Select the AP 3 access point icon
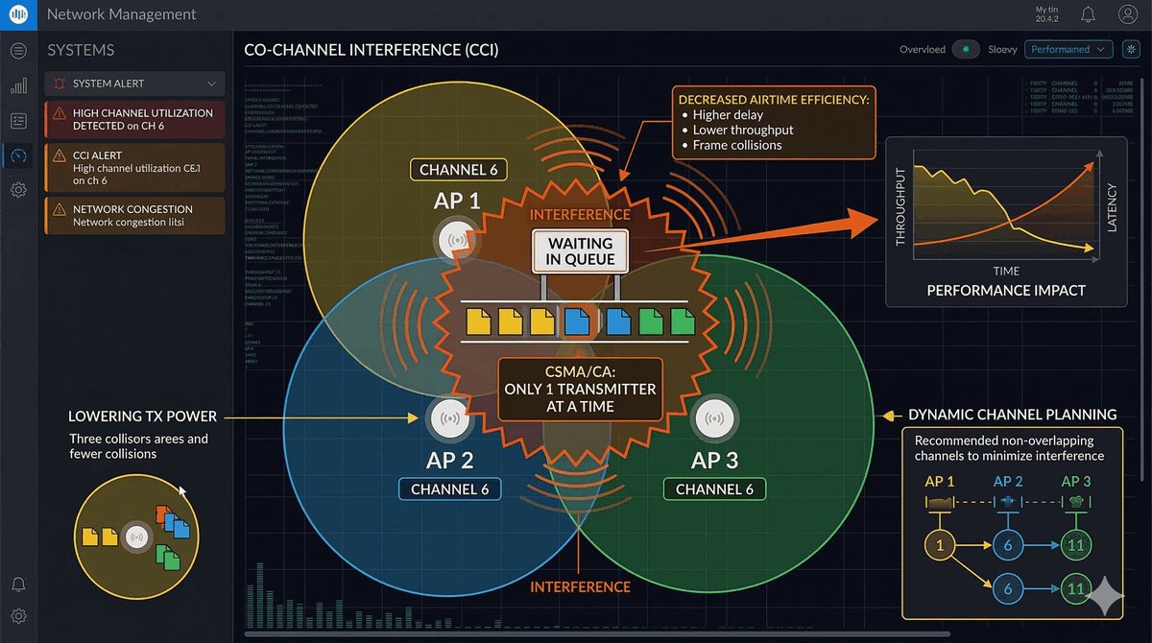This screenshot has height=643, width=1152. [713, 417]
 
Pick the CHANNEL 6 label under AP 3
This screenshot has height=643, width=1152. [714, 489]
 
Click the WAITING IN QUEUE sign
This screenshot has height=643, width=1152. [580, 251]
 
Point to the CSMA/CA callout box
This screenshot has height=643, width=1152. [580, 390]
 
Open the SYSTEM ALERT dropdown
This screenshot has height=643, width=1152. [134, 83]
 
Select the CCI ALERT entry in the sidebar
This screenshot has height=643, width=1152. [134, 167]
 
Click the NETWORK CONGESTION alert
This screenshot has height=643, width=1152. [134, 215]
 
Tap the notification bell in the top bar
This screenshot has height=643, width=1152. [1088, 14]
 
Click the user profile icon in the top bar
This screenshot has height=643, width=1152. [1127, 14]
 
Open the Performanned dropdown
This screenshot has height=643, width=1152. [1068, 49]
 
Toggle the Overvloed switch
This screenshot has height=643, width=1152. [966, 49]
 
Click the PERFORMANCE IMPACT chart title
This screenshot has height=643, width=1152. [1005, 290]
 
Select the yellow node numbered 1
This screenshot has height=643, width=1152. [939, 546]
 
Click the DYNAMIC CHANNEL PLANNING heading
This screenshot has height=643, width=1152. [1012, 416]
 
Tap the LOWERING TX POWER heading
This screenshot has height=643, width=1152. [142, 417]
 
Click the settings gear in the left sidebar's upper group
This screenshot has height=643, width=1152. [18, 190]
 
